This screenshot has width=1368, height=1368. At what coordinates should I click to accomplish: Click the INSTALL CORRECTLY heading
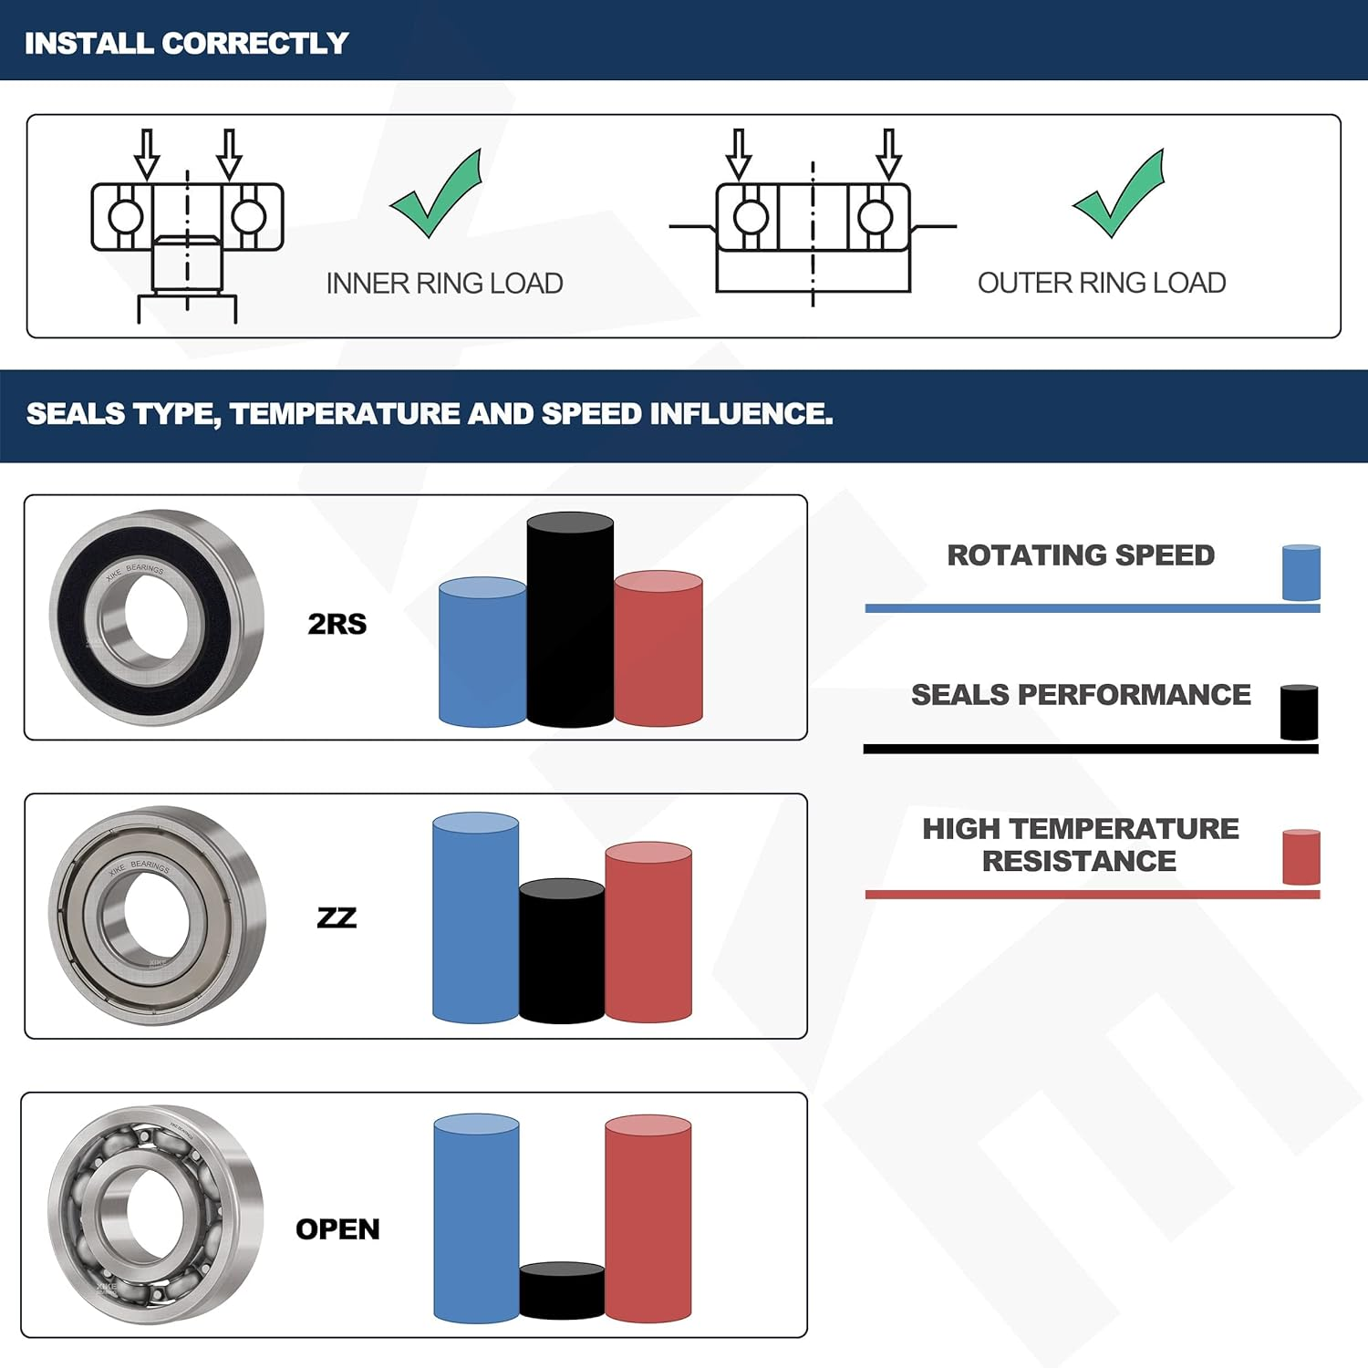pyautogui.click(x=186, y=43)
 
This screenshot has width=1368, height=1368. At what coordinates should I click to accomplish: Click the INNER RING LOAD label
pyautogui.click(x=444, y=284)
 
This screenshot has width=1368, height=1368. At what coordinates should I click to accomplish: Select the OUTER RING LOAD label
pyautogui.click(x=1101, y=284)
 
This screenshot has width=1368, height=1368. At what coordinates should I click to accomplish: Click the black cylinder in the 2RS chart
pyautogui.click(x=570, y=620)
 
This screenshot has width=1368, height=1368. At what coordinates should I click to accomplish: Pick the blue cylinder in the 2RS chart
pyautogui.click(x=482, y=652)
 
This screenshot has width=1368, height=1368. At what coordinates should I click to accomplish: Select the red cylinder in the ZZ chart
pyautogui.click(x=648, y=932)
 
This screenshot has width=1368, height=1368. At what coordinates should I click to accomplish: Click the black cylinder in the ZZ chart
pyautogui.click(x=562, y=950)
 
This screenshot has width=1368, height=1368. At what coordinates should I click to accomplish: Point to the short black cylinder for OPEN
pyautogui.click(x=562, y=1290)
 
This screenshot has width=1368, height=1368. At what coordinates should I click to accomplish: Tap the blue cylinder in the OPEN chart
pyautogui.click(x=476, y=1218)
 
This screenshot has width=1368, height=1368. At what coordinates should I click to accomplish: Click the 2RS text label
pyautogui.click(x=337, y=624)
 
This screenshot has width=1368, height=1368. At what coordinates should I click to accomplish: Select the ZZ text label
pyautogui.click(x=337, y=917)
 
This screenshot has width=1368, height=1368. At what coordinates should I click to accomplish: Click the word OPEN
pyautogui.click(x=337, y=1229)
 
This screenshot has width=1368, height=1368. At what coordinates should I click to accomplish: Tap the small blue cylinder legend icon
pyautogui.click(x=1301, y=573)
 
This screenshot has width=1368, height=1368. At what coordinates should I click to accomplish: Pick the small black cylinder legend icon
pyautogui.click(x=1299, y=712)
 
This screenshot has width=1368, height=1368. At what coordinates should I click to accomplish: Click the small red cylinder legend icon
pyautogui.click(x=1301, y=857)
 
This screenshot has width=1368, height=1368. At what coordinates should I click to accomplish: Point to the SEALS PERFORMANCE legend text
pyautogui.click(x=1081, y=695)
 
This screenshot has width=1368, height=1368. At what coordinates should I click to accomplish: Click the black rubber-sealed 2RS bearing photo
pyautogui.click(x=157, y=617)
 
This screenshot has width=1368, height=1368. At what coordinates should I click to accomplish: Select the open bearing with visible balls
pyautogui.click(x=156, y=1215)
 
